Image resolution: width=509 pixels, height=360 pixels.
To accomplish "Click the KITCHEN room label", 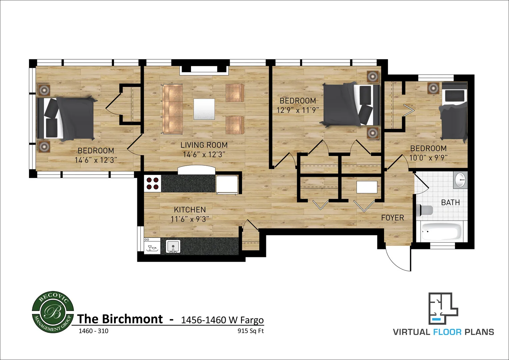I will (x=190, y=210).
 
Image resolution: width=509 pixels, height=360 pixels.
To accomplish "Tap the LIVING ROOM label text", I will (x=204, y=145).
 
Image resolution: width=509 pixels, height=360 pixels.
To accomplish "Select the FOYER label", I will (x=392, y=218).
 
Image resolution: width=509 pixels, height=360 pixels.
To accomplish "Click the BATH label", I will (x=450, y=203).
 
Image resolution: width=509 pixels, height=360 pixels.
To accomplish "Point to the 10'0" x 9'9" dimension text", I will (x=428, y=157).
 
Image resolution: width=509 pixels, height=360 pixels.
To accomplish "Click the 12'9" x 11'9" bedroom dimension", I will (x=298, y=110).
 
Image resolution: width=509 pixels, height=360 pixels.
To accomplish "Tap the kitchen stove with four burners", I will (x=153, y=184).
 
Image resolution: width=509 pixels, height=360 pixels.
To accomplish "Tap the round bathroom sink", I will (x=461, y=180).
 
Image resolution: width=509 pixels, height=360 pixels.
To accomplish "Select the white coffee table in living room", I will (x=204, y=109).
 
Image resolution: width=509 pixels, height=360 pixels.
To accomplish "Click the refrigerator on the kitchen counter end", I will (x=227, y=184).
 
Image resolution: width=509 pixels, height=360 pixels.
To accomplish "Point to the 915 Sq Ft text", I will (x=250, y=331).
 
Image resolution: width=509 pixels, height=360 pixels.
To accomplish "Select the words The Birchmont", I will (x=120, y=319).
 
